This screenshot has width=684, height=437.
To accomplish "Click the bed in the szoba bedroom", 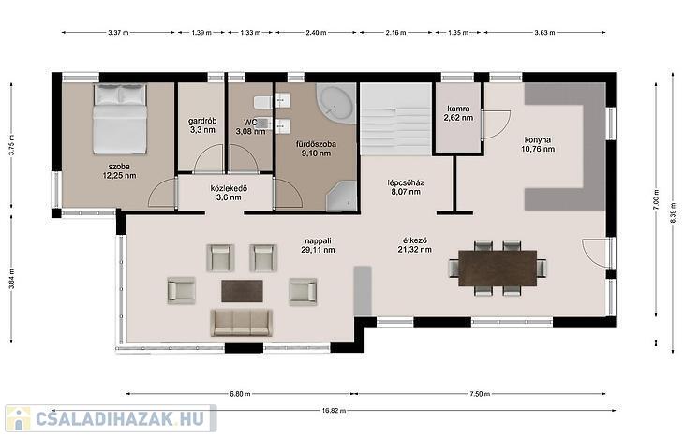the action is pyautogui.click(x=120, y=119).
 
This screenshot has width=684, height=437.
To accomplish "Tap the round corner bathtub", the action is pyautogui.click(x=335, y=104).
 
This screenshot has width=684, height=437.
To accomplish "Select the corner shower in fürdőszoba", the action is pyautogui.click(x=342, y=197).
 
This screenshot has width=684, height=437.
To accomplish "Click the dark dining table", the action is pyautogui.click(x=498, y=268).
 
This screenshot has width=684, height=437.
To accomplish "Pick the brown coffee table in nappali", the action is pyautogui.click(x=242, y=291).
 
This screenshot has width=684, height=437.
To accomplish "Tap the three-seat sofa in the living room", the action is pyautogui.click(x=241, y=323).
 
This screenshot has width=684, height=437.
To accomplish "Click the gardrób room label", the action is pyautogui.click(x=202, y=121).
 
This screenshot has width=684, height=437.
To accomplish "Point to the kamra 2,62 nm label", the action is pyautogui.click(x=458, y=113).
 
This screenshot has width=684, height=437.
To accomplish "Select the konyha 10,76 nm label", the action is pyautogui.click(x=538, y=144).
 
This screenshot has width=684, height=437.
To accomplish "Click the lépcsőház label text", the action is pyautogui.click(x=406, y=182).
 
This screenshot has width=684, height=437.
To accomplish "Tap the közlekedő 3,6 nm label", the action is pyautogui.click(x=229, y=193).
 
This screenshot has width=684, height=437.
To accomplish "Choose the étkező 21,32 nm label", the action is pyautogui.click(x=415, y=245).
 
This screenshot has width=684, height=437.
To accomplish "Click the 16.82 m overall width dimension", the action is pyautogui.click(x=335, y=411).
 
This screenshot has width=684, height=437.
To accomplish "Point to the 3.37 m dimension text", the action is pyautogui.click(x=118, y=32).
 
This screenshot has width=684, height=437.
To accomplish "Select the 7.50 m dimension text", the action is pyautogui.click(x=480, y=394).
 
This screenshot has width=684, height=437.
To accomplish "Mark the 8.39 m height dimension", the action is pyautogui.click(x=673, y=212).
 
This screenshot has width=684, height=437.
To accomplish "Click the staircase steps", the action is pyautogui.click(x=395, y=120).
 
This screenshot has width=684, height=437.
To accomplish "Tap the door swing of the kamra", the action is pyautogui.click(x=497, y=125).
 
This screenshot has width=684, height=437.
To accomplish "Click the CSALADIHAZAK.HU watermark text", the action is pyautogui.click(x=119, y=418).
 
